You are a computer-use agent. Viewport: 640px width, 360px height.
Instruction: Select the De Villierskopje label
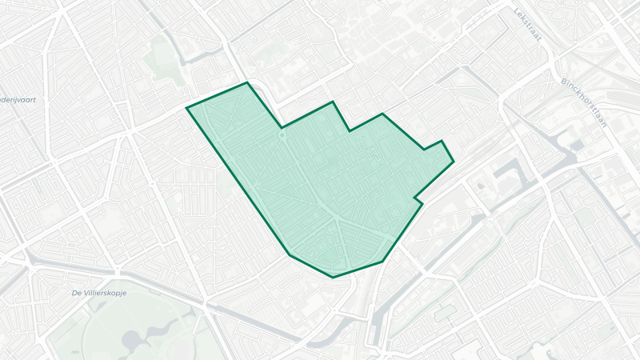tap(100, 293)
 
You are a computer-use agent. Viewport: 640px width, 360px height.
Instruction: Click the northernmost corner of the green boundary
tap(246, 82)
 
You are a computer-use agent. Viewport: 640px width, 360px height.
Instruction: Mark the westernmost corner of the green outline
tap(187, 107)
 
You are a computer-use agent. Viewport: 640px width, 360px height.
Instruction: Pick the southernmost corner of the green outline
tap(333, 277)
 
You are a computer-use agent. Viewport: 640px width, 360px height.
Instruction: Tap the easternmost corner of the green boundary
tap(454, 162)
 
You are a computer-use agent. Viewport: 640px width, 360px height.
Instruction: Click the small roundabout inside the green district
tap(282, 136)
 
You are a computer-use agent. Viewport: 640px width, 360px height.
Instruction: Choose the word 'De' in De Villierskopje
tap(77, 293)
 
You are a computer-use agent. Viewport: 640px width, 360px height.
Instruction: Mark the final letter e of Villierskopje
tap(126, 293)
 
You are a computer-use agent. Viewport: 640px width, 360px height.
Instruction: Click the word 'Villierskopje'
tap(106, 293)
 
